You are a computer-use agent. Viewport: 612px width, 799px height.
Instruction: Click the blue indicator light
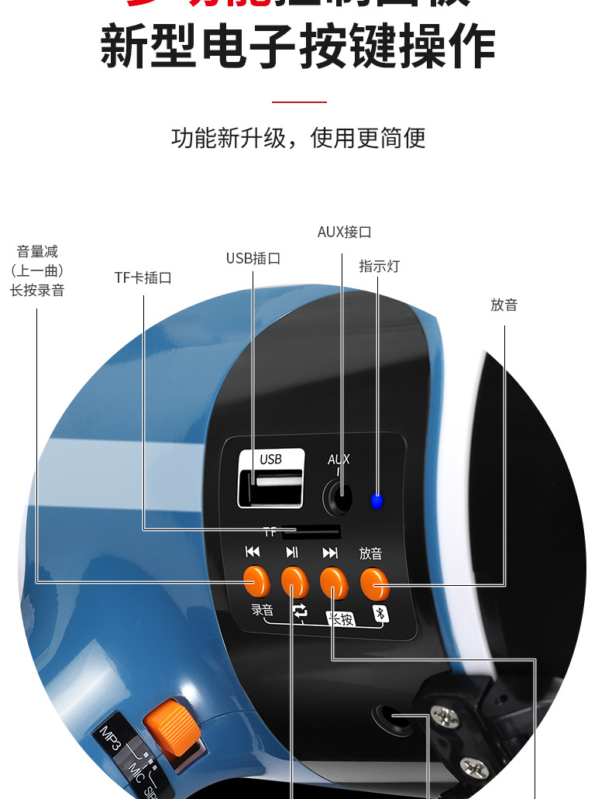click(x=376, y=500)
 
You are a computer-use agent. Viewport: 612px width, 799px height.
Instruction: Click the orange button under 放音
click(x=374, y=583)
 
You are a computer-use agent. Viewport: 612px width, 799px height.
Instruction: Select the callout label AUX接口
click(x=344, y=232)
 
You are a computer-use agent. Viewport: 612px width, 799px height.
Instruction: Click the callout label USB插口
click(x=253, y=258)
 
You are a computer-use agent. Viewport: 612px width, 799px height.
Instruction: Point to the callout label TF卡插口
click(x=143, y=277)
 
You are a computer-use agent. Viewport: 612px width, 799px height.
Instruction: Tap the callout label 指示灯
click(x=379, y=266)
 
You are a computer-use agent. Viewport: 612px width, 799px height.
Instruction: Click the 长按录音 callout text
click(x=37, y=291)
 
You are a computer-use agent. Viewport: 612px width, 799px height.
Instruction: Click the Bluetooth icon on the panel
click(x=380, y=614)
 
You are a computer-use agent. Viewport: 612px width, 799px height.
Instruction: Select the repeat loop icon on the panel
click(x=300, y=611)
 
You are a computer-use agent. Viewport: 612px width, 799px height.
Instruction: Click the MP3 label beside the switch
click(x=109, y=737)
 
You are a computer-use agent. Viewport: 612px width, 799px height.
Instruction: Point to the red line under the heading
click(x=299, y=102)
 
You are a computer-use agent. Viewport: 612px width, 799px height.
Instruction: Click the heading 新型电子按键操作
click(x=298, y=46)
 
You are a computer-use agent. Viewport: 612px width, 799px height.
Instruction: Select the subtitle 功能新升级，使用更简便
click(x=298, y=138)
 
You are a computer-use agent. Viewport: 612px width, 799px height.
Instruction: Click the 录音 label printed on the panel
click(x=263, y=609)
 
